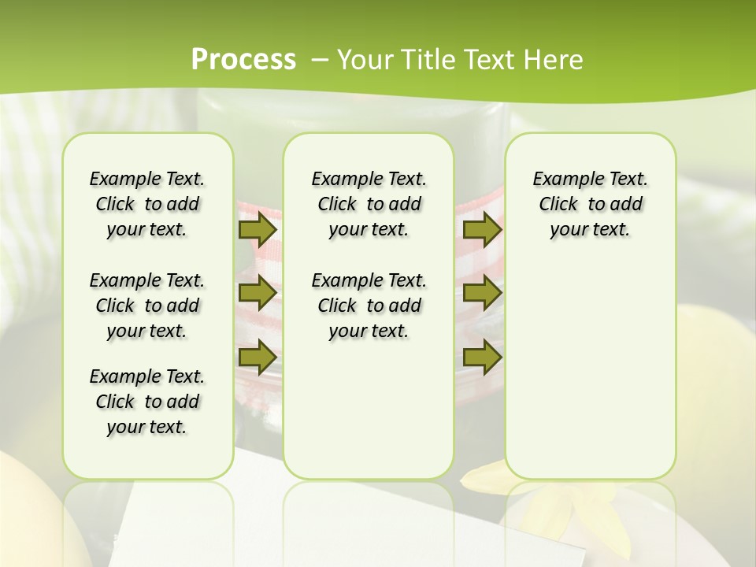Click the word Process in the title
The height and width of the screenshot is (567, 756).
click(243, 60)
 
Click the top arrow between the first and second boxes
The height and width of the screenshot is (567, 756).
click(257, 230)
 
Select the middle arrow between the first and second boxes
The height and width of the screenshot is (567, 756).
click(257, 293)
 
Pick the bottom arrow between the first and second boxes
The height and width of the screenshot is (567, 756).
click(257, 357)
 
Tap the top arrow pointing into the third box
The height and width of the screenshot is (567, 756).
click(482, 230)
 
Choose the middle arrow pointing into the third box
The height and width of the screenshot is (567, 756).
click(482, 293)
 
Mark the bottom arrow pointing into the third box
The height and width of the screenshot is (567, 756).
click(482, 357)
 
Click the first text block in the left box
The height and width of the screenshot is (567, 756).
click(147, 204)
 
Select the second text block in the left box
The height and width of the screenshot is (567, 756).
click(147, 306)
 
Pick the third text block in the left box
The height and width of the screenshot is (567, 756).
click(147, 402)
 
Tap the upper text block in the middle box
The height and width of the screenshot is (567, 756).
click(369, 204)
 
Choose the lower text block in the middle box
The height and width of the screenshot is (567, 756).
click(369, 306)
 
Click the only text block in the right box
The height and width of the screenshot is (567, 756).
click(590, 204)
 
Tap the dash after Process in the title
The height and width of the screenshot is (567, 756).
click(319, 60)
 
